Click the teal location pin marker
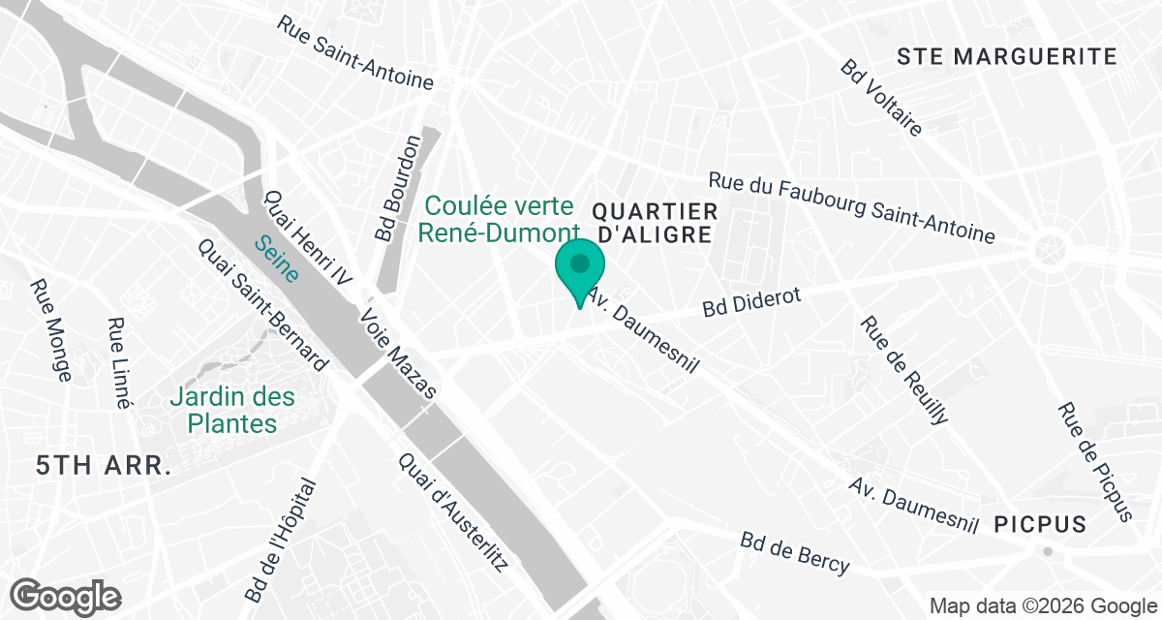580,266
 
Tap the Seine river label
276,257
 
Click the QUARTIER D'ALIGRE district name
654,223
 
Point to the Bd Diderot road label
752,302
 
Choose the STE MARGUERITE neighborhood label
1007,56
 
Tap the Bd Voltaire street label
881,98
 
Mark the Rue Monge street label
50,330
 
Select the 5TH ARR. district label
104,466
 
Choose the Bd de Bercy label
795,553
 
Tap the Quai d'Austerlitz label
452,511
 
